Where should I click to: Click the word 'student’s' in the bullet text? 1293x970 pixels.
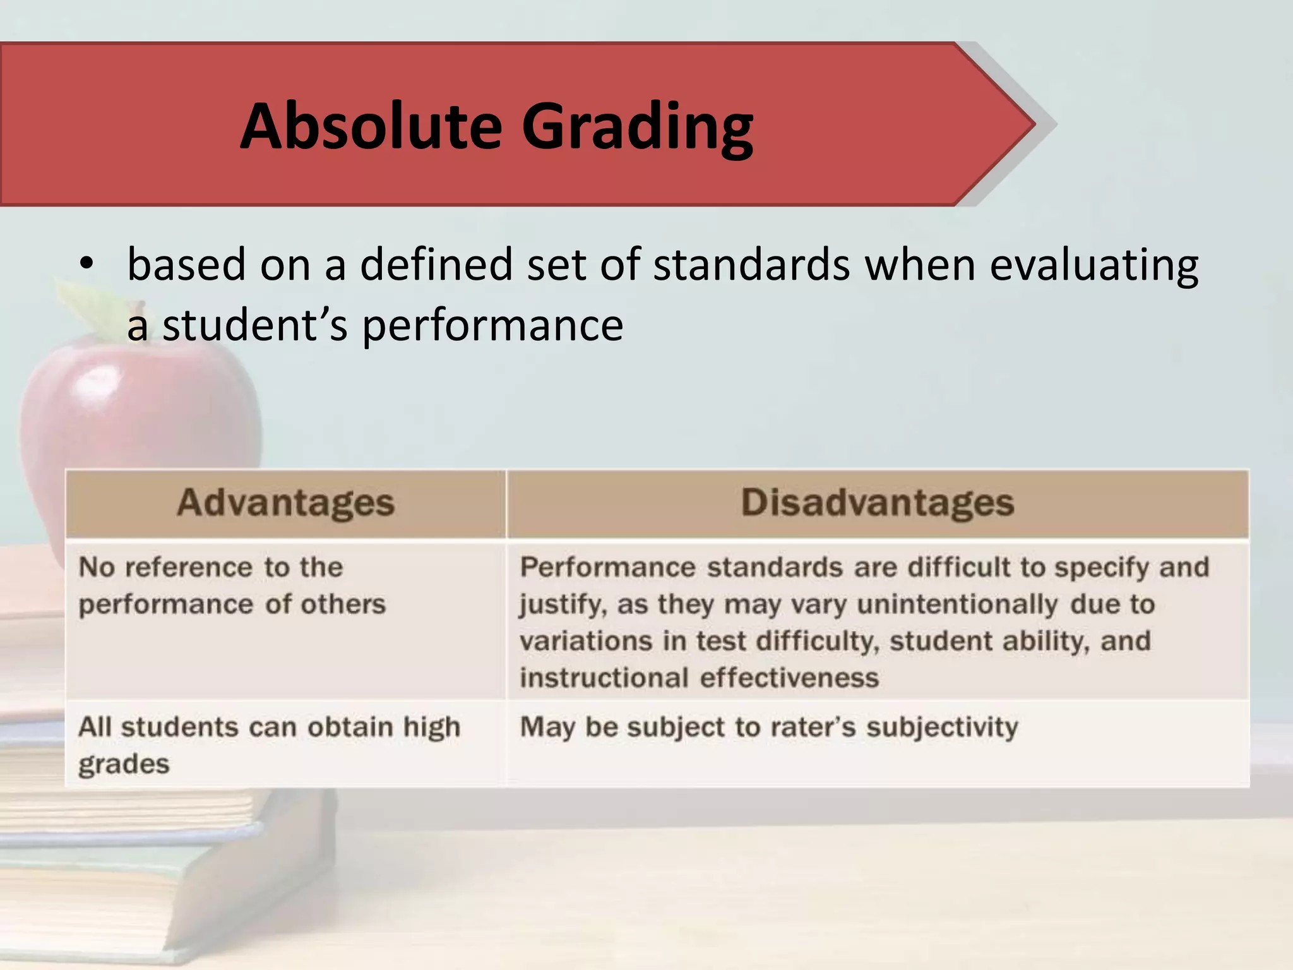254,326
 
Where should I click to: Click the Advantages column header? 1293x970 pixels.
285,503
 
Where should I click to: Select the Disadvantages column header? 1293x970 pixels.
878,503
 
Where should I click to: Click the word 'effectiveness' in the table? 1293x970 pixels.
789,678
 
